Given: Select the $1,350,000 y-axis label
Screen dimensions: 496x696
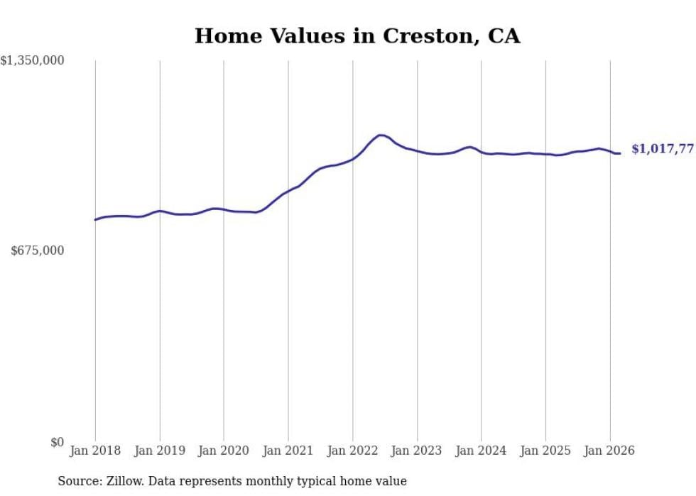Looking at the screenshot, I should pyautogui.click(x=32, y=61).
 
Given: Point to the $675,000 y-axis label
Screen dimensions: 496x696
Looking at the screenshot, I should pyautogui.click(x=38, y=250).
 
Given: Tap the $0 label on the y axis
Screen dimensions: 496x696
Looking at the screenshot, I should pyautogui.click(x=57, y=442).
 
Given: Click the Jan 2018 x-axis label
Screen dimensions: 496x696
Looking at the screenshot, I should pyautogui.click(x=95, y=451).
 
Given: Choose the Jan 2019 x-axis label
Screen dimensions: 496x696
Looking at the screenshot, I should pyautogui.click(x=160, y=451).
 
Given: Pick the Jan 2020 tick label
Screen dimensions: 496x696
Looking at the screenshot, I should pyautogui.click(x=224, y=451).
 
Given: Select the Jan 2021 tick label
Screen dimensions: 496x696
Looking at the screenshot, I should pyautogui.click(x=288, y=451).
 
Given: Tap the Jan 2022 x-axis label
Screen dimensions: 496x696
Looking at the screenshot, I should pyautogui.click(x=352, y=451).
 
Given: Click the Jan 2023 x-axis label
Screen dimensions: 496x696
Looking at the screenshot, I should pyautogui.click(x=417, y=451).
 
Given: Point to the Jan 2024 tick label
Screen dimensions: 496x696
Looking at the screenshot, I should pyautogui.click(x=481, y=451).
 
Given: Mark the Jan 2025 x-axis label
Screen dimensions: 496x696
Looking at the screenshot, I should pyautogui.click(x=545, y=451).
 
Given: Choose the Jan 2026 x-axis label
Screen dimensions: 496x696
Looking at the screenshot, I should pyautogui.click(x=609, y=451).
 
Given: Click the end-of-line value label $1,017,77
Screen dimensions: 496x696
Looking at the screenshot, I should pyautogui.click(x=662, y=149).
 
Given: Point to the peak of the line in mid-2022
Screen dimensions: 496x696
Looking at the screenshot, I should pyautogui.click(x=381, y=135).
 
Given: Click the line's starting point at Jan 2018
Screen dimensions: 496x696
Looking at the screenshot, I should pyautogui.click(x=95, y=220).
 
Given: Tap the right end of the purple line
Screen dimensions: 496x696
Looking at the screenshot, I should pyautogui.click(x=620, y=153).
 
